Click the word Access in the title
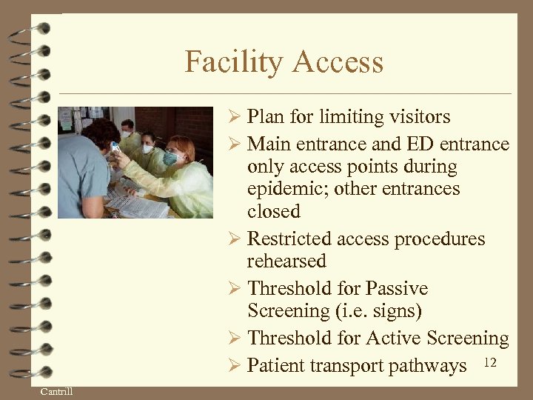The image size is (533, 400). [339, 61]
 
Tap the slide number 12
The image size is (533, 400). [489, 362]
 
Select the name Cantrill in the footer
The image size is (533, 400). [56, 391]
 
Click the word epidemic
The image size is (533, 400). [287, 189]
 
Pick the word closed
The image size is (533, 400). [273, 211]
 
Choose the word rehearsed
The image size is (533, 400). [286, 261]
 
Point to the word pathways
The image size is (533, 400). [429, 366]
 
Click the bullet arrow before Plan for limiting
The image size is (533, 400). [235, 117]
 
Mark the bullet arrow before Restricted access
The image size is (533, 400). [235, 239]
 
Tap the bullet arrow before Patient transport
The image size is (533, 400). [235, 366]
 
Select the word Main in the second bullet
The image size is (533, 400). [269, 144]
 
